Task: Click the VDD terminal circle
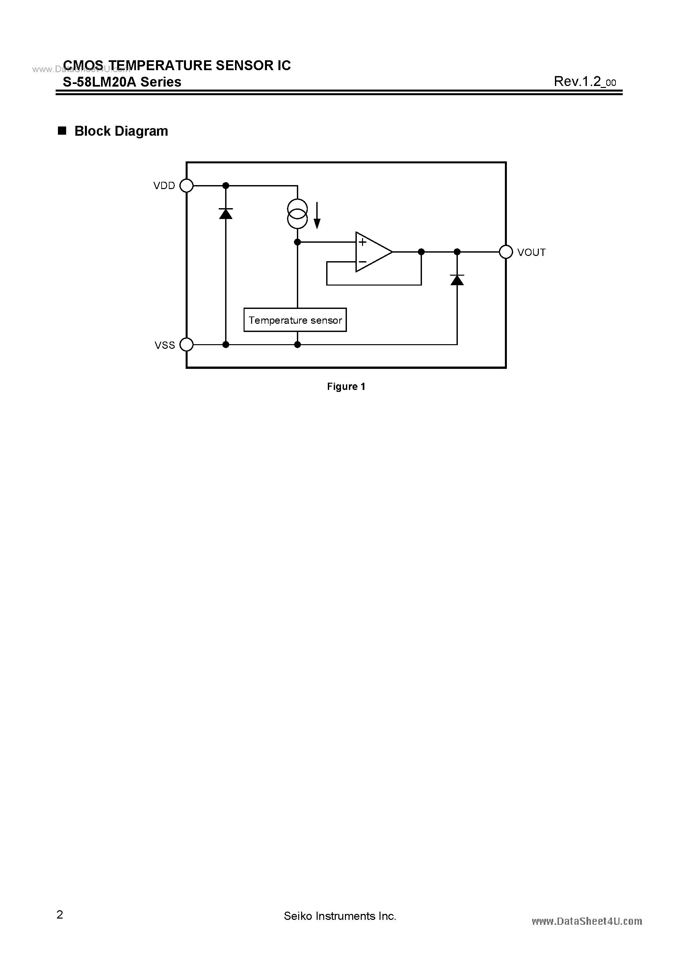click(187, 185)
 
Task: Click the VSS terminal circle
click(187, 345)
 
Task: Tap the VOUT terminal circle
click(506, 252)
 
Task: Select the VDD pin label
click(164, 186)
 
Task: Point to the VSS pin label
click(165, 345)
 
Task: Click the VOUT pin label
click(531, 253)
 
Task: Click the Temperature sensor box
click(295, 320)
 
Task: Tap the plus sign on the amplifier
click(363, 242)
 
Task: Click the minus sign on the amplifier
click(363, 262)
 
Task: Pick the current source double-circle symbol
click(297, 214)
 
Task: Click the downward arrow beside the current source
click(317, 215)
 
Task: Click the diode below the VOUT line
click(457, 280)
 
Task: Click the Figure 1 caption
click(346, 387)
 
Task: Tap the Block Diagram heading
click(121, 131)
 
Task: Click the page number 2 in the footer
click(60, 915)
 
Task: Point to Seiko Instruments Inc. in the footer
click(340, 916)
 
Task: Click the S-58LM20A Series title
click(122, 82)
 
